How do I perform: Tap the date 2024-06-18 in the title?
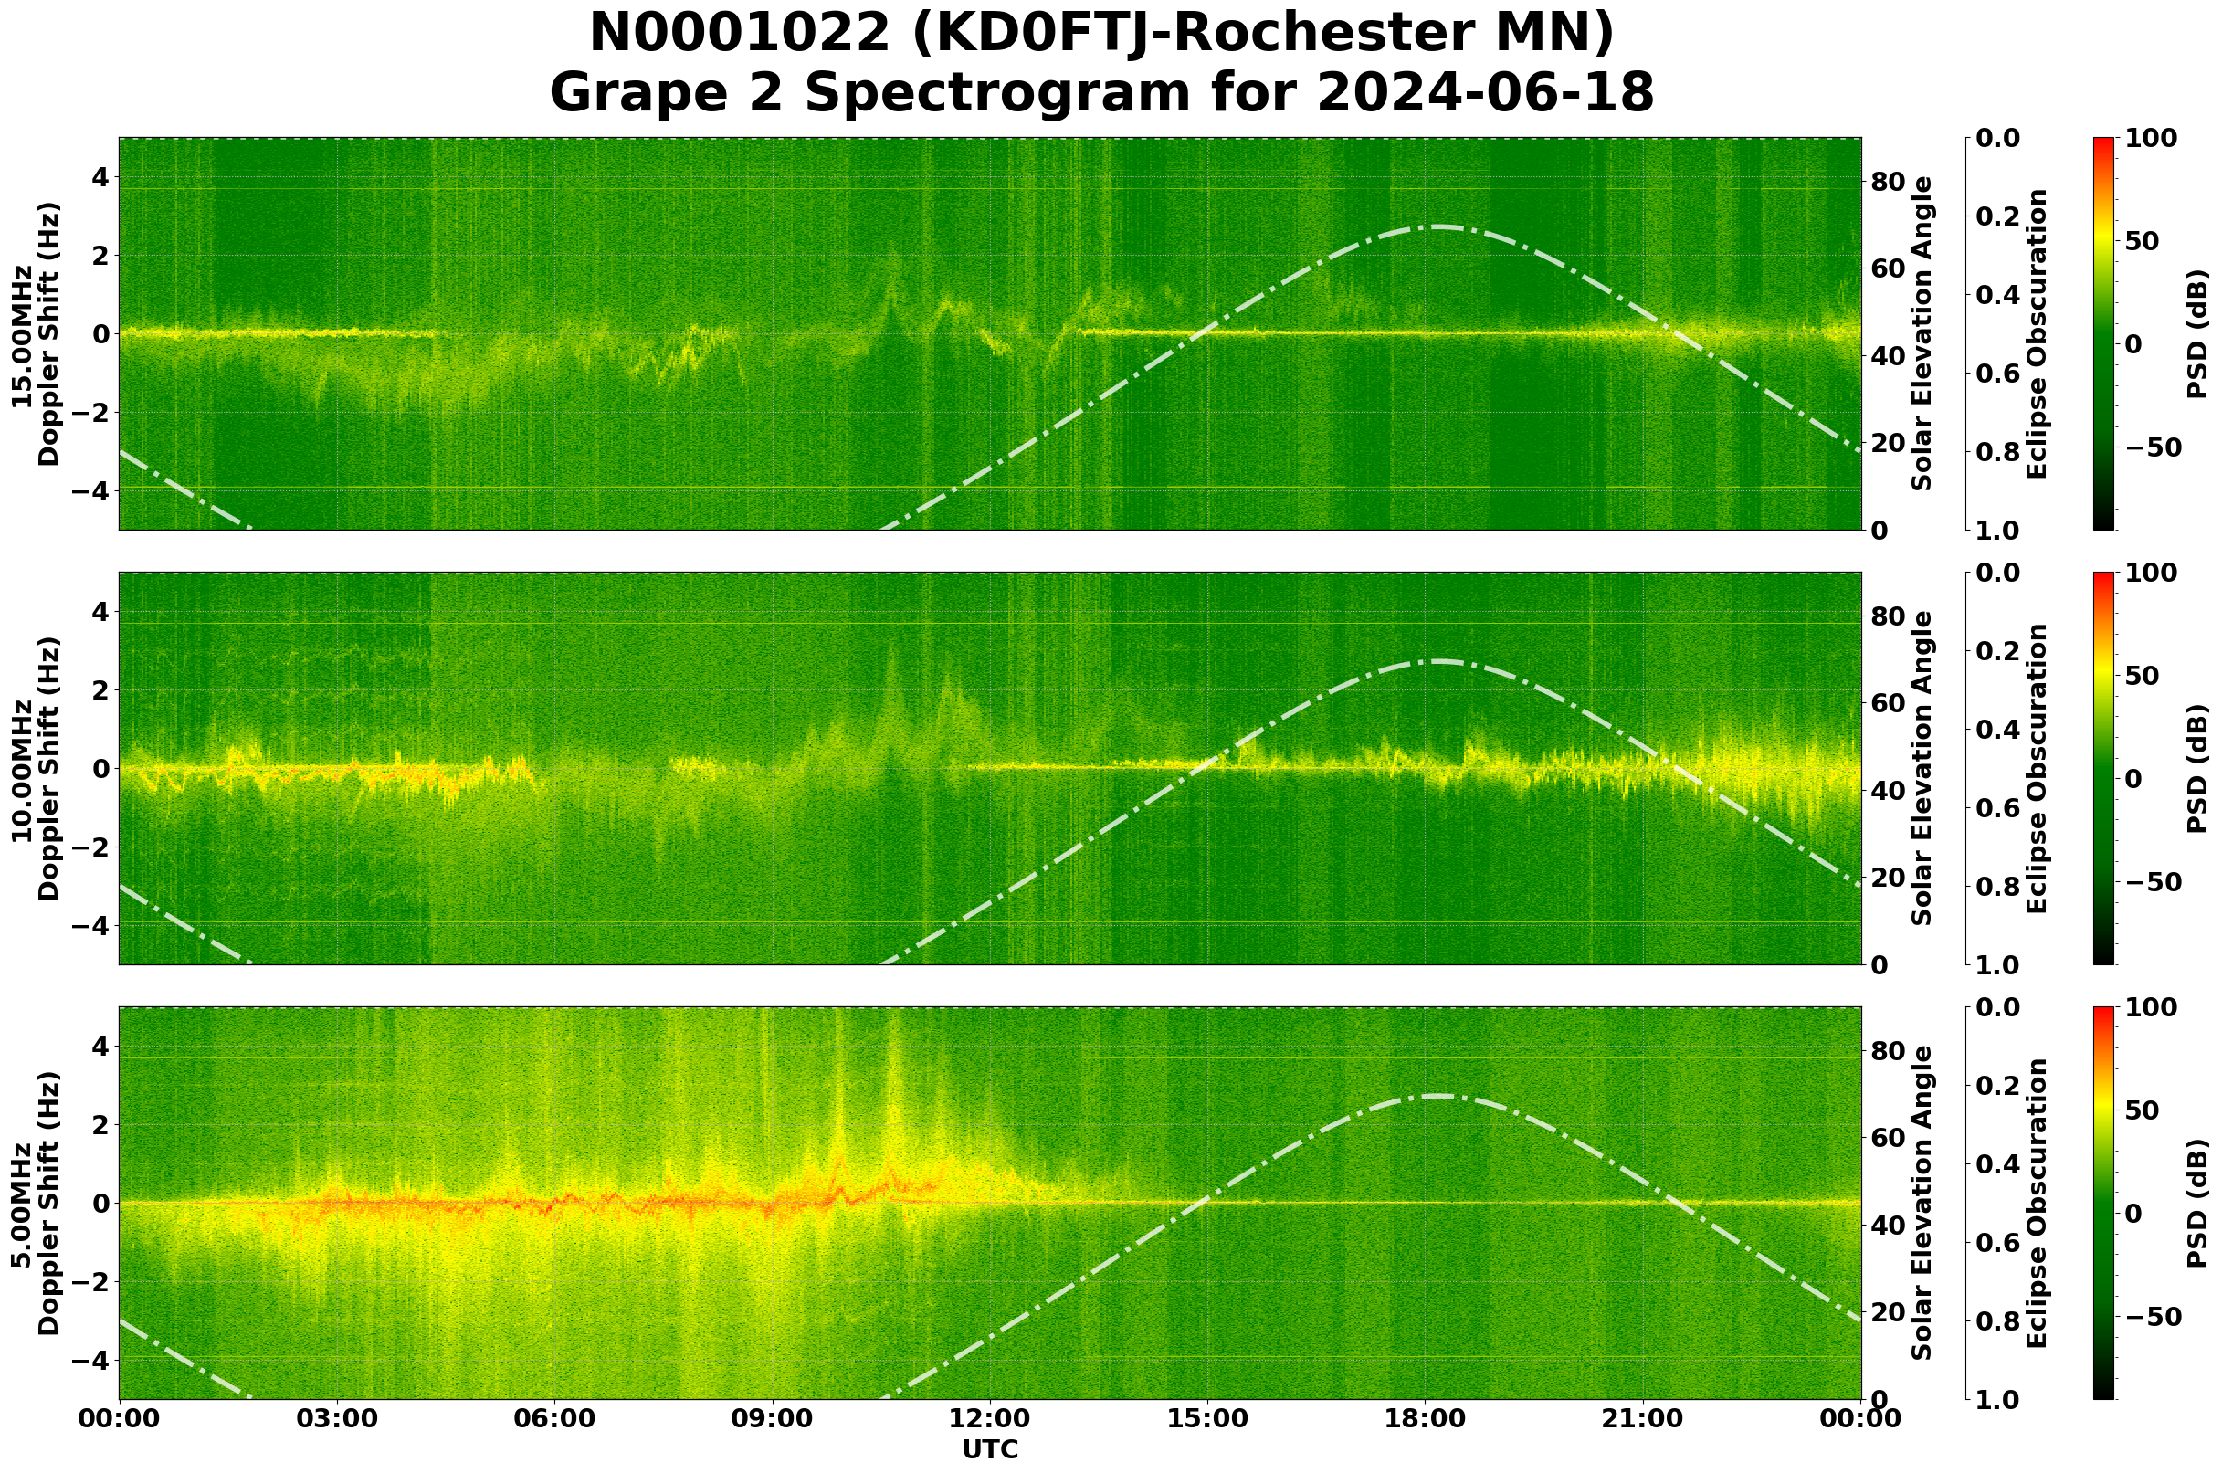(x=1484, y=94)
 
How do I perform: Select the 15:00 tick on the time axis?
(x=1207, y=1418)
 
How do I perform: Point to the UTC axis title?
(x=989, y=1449)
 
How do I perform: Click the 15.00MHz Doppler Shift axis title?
(x=36, y=333)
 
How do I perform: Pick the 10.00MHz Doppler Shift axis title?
(x=36, y=768)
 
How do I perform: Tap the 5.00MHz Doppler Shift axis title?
(x=36, y=1204)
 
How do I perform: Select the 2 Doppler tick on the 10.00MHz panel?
(x=98, y=690)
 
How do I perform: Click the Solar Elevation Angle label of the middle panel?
(x=1922, y=768)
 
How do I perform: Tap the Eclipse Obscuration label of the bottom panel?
(x=2036, y=1204)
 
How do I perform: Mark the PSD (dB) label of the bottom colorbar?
(x=2196, y=1204)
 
